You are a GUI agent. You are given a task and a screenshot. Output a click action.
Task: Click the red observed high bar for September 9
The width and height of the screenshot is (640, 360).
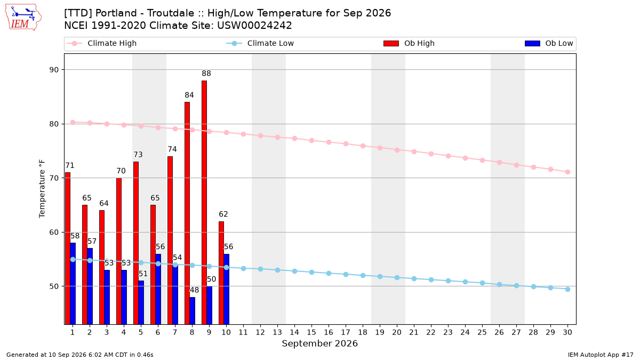click(x=204, y=202)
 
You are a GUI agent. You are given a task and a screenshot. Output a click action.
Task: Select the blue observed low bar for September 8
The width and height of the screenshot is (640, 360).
click(x=193, y=310)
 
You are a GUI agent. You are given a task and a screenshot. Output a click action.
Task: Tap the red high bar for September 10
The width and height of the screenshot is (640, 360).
click(x=221, y=273)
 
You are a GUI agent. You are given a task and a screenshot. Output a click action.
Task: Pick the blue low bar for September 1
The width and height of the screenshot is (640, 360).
click(x=73, y=283)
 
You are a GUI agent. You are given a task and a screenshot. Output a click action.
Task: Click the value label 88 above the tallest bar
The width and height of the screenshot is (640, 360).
click(x=206, y=74)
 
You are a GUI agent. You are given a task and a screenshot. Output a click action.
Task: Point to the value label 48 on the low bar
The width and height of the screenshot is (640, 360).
click(x=194, y=290)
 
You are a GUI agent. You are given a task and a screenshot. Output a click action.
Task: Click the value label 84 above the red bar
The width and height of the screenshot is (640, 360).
click(x=189, y=95)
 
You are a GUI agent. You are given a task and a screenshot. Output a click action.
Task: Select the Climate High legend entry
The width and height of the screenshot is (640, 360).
click(x=102, y=43)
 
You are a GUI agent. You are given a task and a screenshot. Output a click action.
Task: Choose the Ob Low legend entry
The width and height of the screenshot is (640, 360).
click(x=549, y=43)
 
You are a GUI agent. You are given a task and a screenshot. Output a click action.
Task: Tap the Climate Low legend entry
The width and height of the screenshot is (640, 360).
click(x=260, y=43)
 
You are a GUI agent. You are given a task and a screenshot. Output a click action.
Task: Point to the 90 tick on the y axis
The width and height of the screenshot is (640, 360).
click(x=54, y=70)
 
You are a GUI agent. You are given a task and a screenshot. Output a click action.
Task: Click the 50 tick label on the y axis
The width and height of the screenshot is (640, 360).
click(x=54, y=286)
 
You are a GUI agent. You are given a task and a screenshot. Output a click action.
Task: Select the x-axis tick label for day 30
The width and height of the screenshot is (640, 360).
click(x=567, y=332)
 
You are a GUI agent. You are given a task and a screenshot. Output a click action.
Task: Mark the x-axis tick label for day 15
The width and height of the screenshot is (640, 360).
click(x=311, y=332)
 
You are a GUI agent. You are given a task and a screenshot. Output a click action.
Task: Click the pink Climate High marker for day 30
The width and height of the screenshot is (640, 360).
click(x=567, y=172)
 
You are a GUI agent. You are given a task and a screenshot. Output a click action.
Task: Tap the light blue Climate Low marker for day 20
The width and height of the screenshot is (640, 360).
click(x=397, y=278)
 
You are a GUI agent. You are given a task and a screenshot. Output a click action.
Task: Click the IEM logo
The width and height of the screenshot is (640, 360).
click(x=23, y=18)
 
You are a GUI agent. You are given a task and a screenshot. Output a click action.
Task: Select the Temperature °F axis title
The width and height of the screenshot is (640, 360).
click(x=42, y=189)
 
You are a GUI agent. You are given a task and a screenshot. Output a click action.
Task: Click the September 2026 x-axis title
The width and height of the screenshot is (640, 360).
click(x=319, y=343)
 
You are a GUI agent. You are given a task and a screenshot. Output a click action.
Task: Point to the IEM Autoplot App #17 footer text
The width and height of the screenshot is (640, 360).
click(x=601, y=355)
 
